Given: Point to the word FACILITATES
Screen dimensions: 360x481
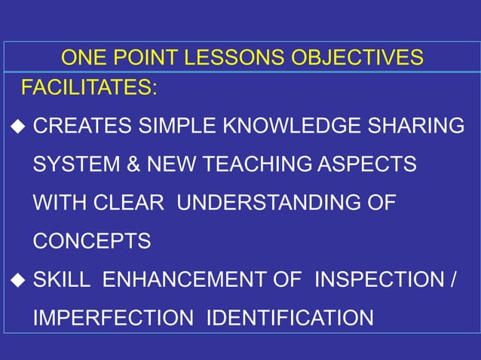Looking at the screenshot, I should tap(88, 87).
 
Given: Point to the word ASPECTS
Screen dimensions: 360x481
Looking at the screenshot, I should tap(370, 164).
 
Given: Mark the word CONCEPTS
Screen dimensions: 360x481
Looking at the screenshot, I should tap(91, 241).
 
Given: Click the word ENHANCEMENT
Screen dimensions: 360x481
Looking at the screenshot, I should tap(191, 280).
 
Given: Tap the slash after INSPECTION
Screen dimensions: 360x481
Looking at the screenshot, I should tap(452, 280).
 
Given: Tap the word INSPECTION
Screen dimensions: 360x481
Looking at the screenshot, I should tap(379, 280).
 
